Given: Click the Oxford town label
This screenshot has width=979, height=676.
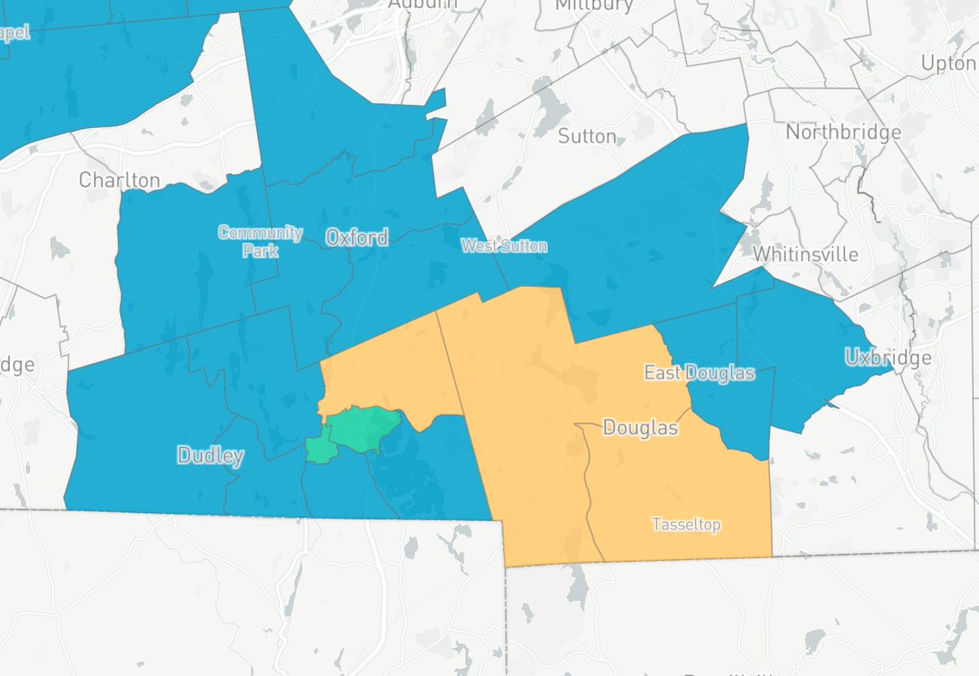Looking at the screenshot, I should click(x=357, y=237).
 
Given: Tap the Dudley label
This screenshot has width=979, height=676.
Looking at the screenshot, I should click(x=210, y=455).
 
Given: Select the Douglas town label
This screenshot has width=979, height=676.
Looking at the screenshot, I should click(x=640, y=426).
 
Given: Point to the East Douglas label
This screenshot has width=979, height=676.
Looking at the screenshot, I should click(x=699, y=373).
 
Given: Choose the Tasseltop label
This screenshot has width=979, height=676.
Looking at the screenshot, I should click(x=686, y=524).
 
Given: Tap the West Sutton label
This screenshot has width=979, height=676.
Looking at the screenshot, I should click(x=503, y=245).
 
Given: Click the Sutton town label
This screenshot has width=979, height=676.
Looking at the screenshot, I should click(x=587, y=135).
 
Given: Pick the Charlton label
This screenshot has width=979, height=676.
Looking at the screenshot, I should click(x=120, y=179).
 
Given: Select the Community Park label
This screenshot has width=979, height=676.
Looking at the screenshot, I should click(x=260, y=241).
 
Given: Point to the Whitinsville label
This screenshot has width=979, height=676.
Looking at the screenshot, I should click(x=805, y=254).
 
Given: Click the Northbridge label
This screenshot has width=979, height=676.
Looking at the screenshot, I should click(x=843, y=132).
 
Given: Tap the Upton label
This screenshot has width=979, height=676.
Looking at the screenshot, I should click(x=949, y=63).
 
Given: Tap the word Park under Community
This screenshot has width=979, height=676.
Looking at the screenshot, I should click(x=260, y=250).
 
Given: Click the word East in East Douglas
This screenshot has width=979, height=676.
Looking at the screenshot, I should click(x=663, y=373).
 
